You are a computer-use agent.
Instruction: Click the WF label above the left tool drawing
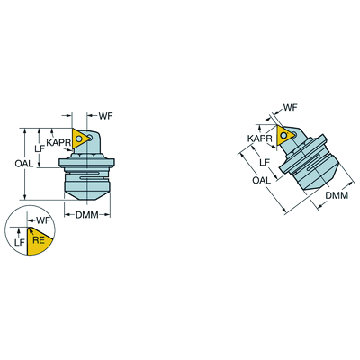click(105, 116)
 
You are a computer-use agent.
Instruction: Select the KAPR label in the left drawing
click(58, 143)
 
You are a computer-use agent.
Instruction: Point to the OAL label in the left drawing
click(24, 164)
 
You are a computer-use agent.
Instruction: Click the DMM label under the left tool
click(87, 215)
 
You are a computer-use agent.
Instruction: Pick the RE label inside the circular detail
click(39, 240)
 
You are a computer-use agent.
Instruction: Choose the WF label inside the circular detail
click(43, 220)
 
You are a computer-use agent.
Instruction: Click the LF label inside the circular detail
click(20, 242)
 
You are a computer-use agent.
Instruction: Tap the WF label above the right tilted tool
click(290, 107)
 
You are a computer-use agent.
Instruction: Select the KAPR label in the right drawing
click(260, 139)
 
